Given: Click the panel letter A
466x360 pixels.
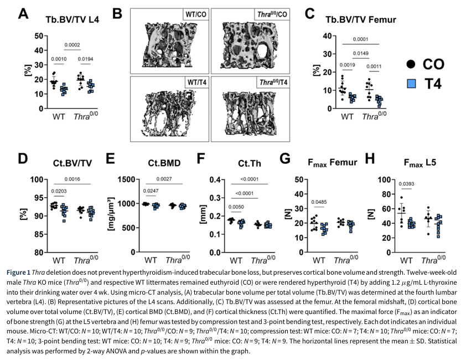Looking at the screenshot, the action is pyautogui.click(x=23, y=13).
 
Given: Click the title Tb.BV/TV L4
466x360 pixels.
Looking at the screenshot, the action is pyautogui.click(x=72, y=19).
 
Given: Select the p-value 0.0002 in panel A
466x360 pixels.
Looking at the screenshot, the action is pyautogui.click(x=72, y=45).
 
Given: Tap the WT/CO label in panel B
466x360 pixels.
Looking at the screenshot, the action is pyautogui.click(x=196, y=14).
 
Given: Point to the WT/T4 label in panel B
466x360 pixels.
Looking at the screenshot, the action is pyautogui.click(x=196, y=82).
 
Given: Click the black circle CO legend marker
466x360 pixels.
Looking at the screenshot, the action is pyautogui.click(x=411, y=64).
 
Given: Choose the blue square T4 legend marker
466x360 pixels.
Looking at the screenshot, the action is pyautogui.click(x=411, y=84).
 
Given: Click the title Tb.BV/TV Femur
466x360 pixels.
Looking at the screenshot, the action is pyautogui.click(x=360, y=19).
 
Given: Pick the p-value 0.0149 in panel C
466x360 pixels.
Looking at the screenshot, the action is pyautogui.click(x=361, y=53).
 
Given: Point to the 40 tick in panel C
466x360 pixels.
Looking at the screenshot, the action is pyautogui.click(x=328, y=36).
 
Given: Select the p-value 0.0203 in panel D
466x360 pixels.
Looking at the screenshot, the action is pyautogui.click(x=59, y=191).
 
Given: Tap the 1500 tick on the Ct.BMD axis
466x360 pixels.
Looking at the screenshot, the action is pyautogui.click(x=126, y=179).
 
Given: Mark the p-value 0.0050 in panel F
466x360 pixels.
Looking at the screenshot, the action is pyautogui.click(x=236, y=207).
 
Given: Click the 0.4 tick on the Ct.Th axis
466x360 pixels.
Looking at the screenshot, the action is pyautogui.click(x=215, y=179).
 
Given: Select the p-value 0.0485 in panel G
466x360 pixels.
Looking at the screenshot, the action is pyautogui.click(x=319, y=202).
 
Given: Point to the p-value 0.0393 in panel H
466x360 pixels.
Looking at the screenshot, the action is pyautogui.click(x=406, y=184).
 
